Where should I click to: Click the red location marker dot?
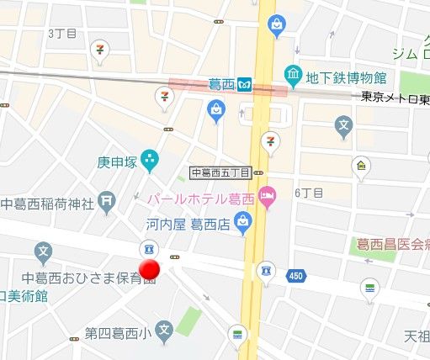pos(149,270)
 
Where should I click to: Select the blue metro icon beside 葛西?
pos(244,84)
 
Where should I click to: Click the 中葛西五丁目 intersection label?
pos(221,173)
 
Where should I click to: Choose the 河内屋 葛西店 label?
pos(186,223)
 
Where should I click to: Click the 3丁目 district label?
pos(61,33)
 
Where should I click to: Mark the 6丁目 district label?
pos(309,192)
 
